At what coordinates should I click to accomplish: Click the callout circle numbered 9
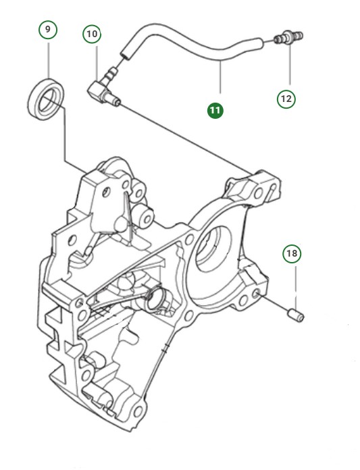[x=48, y=30]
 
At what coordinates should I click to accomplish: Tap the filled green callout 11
[x=215, y=109]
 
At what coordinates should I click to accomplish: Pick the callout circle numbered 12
[x=286, y=99]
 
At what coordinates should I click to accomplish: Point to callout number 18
[x=292, y=254]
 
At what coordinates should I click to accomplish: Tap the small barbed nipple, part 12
[x=290, y=40]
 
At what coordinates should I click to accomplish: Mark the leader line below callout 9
[x=48, y=61]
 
